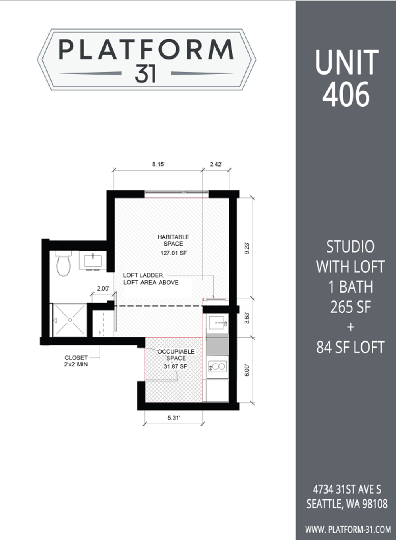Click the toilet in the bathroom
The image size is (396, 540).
pyautogui.click(x=64, y=263)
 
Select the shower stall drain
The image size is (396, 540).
pyautogui.click(x=70, y=320)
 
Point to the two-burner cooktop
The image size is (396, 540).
pyautogui.click(x=217, y=366)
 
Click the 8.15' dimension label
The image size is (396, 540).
pyautogui.click(x=158, y=164)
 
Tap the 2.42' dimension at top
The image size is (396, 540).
pyautogui.click(x=216, y=164)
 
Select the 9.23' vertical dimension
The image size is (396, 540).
pyautogui.click(x=247, y=248)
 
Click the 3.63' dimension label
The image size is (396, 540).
pyautogui.click(x=247, y=318)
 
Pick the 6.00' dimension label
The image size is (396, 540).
pyautogui.click(x=247, y=370)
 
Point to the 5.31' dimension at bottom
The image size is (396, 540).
pyautogui.click(x=174, y=418)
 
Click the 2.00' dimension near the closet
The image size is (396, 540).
pyautogui.click(x=103, y=288)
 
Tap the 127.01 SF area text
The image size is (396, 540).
pyautogui.click(x=174, y=253)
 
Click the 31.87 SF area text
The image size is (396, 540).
pyautogui.click(x=175, y=367)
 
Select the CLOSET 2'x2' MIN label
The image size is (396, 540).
pyautogui.click(x=76, y=361)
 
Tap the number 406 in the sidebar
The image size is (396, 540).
pyautogui.click(x=346, y=94)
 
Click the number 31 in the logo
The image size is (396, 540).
pyautogui.click(x=145, y=74)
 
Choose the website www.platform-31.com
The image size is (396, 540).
pyautogui.click(x=348, y=530)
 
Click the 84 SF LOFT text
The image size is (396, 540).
pyautogui.click(x=350, y=347)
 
